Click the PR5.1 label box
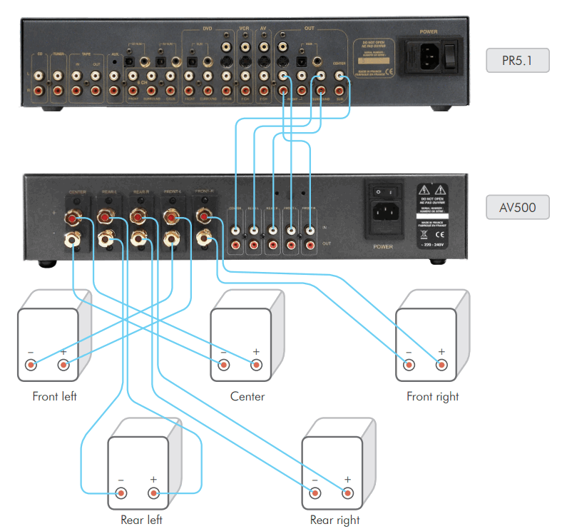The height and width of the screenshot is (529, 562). click(x=518, y=61)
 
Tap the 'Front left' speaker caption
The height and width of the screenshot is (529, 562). click(x=55, y=396)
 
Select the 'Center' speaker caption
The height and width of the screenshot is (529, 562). click(x=247, y=396)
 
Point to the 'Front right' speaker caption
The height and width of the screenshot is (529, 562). click(x=433, y=396)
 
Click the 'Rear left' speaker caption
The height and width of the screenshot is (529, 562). click(x=141, y=520)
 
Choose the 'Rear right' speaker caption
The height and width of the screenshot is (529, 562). click(x=335, y=520)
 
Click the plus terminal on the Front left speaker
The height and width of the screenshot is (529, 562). click(x=63, y=366)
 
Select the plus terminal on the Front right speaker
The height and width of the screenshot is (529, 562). click(x=441, y=366)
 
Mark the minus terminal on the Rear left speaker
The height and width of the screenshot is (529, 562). click(x=121, y=493)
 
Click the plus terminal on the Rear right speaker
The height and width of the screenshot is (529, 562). click(x=347, y=493)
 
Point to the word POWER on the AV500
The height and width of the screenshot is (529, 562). click(x=383, y=247)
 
